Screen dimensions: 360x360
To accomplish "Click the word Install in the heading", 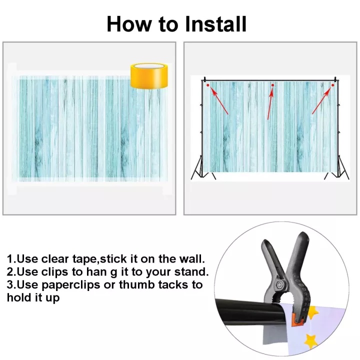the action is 216,24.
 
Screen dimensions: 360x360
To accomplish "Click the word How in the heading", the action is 129,24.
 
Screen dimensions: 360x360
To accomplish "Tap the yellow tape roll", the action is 149,76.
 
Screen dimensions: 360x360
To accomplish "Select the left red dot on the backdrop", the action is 208,85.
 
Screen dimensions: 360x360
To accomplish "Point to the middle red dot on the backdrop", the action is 272,85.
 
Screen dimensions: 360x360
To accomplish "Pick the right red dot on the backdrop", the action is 332,85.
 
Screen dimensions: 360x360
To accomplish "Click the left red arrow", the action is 219,101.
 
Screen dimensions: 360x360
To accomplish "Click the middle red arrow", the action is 270,104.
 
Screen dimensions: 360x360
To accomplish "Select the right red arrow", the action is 321,101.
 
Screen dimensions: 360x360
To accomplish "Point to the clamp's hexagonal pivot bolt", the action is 279,285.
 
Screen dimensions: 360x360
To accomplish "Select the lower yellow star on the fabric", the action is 311,341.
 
